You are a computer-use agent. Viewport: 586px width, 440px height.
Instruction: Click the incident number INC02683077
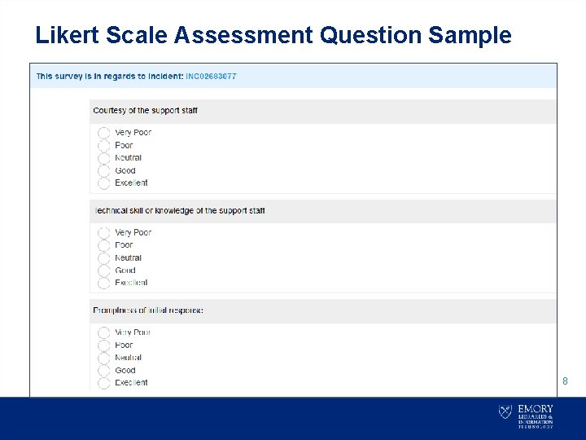coord(211,77)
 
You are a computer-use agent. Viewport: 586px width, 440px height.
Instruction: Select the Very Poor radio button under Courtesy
coord(103,133)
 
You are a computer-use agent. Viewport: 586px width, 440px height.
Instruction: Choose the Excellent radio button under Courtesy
coord(103,183)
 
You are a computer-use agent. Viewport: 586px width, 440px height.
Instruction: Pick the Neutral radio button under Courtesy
coord(103,158)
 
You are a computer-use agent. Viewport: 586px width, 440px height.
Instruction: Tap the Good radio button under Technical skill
coord(103,271)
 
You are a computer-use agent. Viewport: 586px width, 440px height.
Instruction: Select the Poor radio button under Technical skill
coord(103,245)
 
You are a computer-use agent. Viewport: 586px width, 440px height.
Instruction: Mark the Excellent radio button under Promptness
coord(103,383)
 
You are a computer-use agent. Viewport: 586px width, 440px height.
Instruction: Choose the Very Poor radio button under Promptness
coord(103,332)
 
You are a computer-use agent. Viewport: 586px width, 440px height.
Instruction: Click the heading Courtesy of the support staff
coord(145,111)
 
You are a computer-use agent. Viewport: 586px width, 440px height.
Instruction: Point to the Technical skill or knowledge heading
coord(179,211)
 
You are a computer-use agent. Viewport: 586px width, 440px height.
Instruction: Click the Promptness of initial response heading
coord(147,310)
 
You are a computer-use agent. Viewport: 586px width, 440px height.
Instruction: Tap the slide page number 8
coord(566,381)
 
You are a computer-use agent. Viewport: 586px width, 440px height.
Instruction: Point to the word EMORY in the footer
coord(536,408)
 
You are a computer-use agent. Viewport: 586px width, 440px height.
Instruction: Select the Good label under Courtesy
coord(125,170)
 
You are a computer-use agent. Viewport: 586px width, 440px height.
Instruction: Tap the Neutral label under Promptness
coord(128,358)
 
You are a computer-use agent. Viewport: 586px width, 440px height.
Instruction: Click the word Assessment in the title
coord(243,35)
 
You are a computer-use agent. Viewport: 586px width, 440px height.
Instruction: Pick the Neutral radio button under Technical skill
coord(103,258)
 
